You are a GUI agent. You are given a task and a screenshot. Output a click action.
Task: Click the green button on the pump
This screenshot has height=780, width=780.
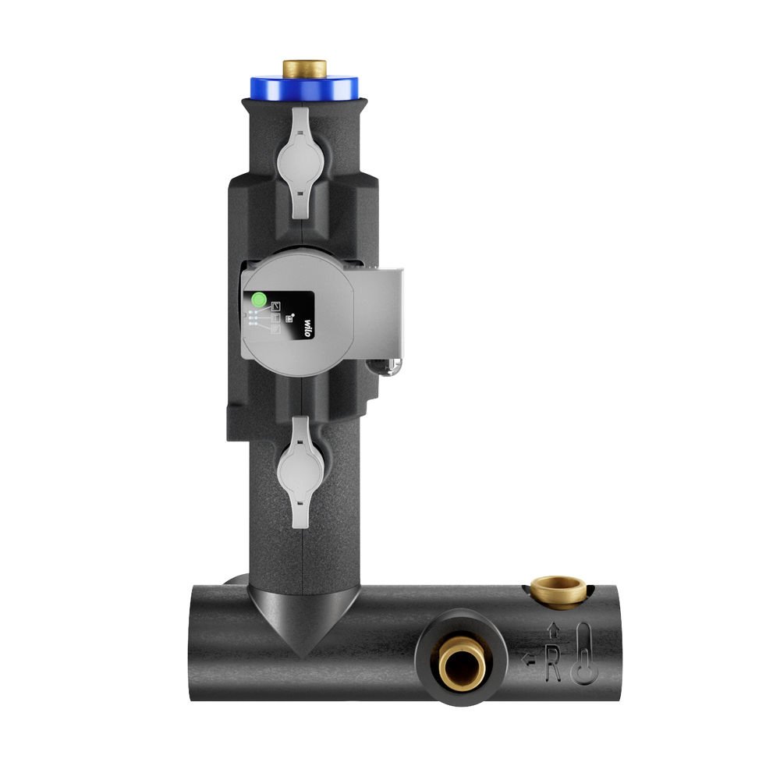259,300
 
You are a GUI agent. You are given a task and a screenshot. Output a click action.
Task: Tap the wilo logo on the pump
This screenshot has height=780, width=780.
307,328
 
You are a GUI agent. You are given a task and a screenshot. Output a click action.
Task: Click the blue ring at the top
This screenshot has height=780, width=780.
304,88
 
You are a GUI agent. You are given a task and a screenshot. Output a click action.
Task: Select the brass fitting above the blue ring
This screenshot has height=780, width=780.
304,69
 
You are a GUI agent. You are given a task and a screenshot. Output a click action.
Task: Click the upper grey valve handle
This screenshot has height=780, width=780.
300,163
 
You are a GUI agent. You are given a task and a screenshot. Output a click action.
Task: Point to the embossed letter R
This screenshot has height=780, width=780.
553,663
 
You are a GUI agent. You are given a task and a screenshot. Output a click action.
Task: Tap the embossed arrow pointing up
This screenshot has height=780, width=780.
553,630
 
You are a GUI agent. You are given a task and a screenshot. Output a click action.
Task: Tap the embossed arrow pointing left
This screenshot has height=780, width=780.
528,660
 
